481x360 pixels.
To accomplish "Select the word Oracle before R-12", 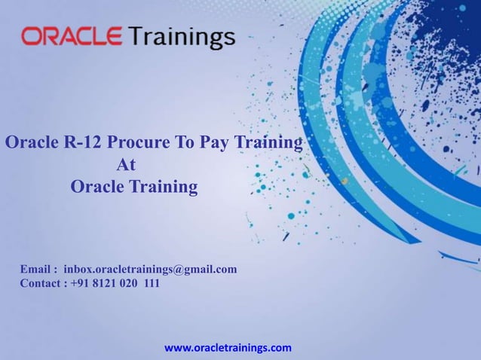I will coord(32,142).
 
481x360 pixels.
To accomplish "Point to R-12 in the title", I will coord(84,142).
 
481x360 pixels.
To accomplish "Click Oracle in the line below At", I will coord(97,186).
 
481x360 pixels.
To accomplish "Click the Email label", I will coord(36,269).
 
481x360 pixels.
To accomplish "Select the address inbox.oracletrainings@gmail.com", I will coord(150,269).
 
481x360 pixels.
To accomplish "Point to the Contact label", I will coord(41,284).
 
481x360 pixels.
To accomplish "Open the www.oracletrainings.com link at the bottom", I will coord(228,348).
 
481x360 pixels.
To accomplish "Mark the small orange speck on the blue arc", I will coord(345,181).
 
